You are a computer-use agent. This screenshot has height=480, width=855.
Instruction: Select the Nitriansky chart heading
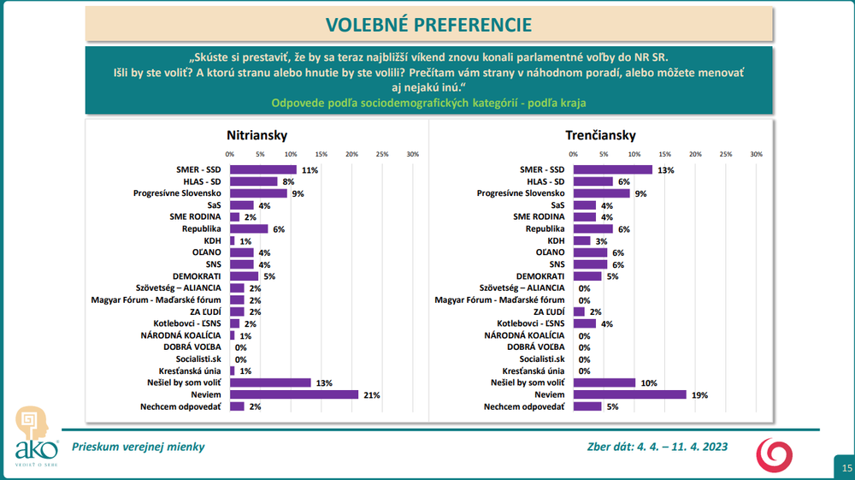coord(256,135)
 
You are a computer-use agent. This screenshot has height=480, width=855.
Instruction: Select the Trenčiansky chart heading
coord(599,135)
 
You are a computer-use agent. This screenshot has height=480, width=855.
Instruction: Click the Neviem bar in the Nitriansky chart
coord(294,394)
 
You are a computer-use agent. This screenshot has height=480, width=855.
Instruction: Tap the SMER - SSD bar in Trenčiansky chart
coord(612,169)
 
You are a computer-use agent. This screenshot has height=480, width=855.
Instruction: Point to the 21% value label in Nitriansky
coord(370,394)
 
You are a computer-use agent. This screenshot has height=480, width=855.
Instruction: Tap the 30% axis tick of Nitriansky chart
coord(412,154)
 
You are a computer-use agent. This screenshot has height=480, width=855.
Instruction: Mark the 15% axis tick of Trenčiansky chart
coord(664,154)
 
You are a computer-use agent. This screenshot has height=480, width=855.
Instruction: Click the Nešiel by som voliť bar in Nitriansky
coord(270,382)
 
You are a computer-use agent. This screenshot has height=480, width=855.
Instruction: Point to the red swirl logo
coord(775,453)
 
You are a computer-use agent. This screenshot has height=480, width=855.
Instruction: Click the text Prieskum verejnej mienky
coord(138,447)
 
